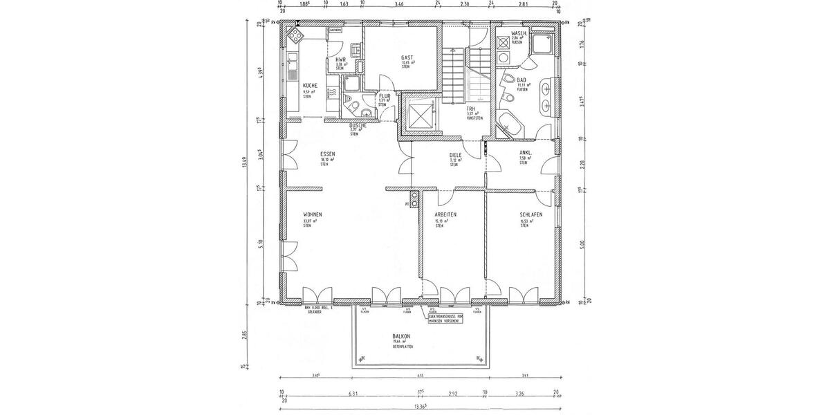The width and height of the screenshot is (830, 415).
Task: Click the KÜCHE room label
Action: pyautogui.click(x=310, y=85)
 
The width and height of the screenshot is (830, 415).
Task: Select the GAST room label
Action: pyautogui.click(x=407, y=57)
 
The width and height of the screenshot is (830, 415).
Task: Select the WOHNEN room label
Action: pyautogui.click(x=313, y=214)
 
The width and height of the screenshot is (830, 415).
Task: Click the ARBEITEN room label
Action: pyautogui.click(x=445, y=215)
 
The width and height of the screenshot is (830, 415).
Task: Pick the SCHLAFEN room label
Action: pyautogui.click(x=531, y=215)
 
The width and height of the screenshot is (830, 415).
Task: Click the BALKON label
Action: pyautogui.click(x=402, y=334)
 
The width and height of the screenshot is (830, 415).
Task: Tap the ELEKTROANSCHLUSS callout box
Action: pyautogui.click(x=449, y=317)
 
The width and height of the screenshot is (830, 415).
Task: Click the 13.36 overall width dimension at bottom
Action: pyautogui.click(x=418, y=407)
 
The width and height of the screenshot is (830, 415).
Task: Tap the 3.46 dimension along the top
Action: pyautogui.click(x=398, y=4)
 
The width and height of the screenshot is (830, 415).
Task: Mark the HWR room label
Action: pyautogui.click(x=340, y=60)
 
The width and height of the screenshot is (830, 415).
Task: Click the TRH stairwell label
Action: pyautogui.click(x=470, y=109)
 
